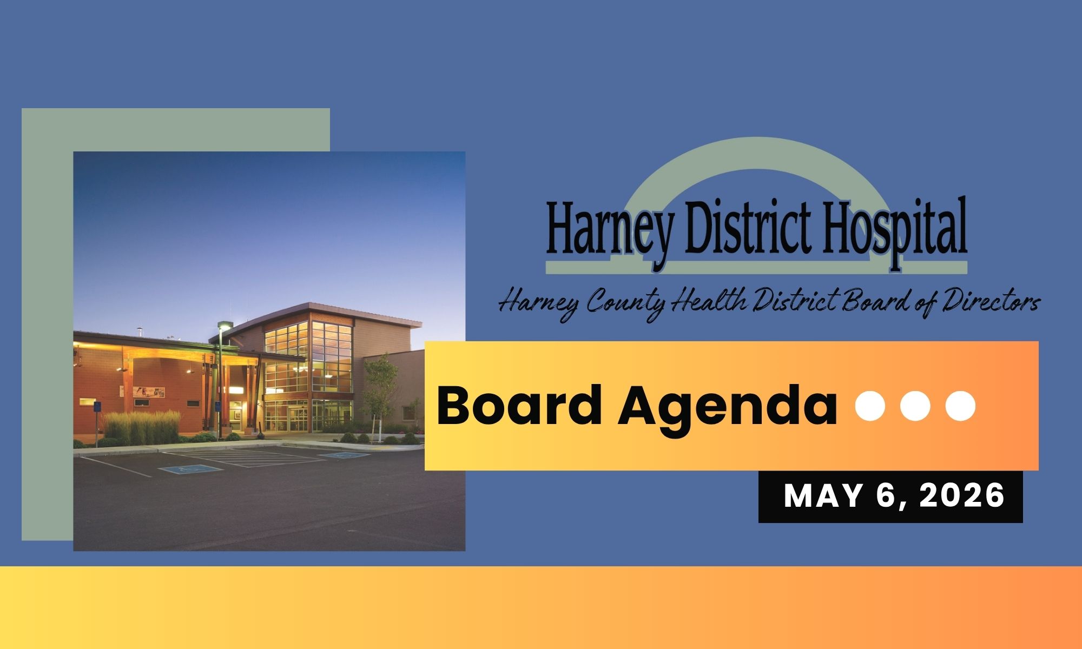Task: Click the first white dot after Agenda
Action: tap(870, 406)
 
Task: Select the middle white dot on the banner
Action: tap(915, 406)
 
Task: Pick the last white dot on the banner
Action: tap(960, 406)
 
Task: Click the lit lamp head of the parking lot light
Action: tap(223, 326)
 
